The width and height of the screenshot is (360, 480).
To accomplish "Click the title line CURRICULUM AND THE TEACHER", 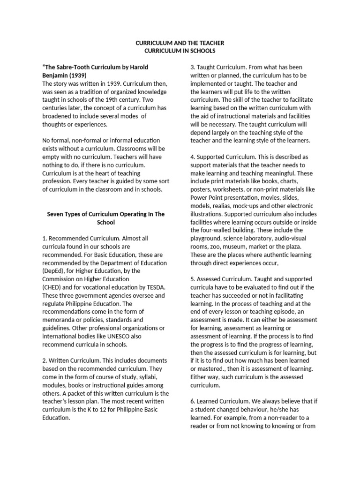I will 180,43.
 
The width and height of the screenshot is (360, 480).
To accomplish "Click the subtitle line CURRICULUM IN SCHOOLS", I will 180,51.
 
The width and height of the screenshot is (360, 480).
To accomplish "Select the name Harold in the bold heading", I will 138,67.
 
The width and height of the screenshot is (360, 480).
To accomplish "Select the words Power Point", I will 207,197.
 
